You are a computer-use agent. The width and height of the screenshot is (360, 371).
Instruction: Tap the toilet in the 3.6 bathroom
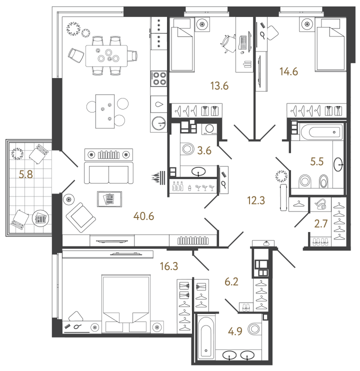[x=189, y=149]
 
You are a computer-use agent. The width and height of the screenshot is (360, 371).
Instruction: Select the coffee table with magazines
[x=109, y=199]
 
